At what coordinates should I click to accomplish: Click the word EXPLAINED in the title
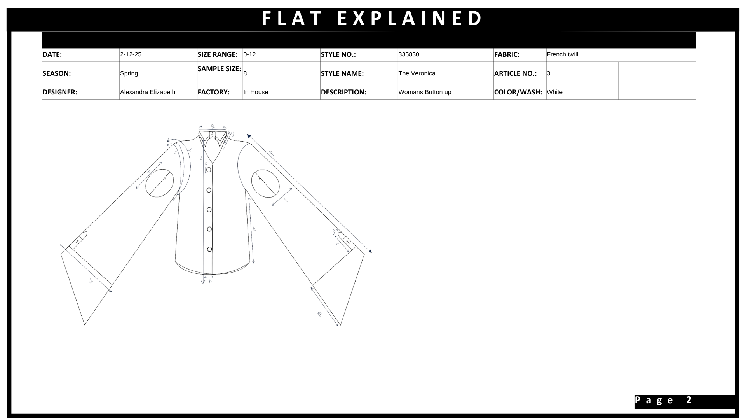click(x=410, y=18)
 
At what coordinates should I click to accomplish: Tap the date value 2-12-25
click(x=131, y=54)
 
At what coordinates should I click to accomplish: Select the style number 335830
click(x=409, y=54)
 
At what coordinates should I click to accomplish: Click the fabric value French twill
click(x=562, y=54)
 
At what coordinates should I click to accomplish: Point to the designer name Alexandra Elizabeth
click(x=148, y=92)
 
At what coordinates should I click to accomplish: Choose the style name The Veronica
click(x=417, y=73)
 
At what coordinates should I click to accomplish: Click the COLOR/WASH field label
click(x=518, y=92)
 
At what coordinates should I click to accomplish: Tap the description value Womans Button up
click(x=425, y=92)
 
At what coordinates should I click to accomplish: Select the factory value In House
click(x=256, y=92)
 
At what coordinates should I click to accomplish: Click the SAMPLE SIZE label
click(x=219, y=69)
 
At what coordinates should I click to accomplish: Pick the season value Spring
click(x=129, y=73)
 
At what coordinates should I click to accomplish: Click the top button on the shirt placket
click(x=209, y=170)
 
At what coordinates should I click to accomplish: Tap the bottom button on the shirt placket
click(x=209, y=249)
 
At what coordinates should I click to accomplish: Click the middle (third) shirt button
click(x=209, y=210)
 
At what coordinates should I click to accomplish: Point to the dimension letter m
click(x=320, y=313)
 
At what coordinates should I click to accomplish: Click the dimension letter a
click(x=91, y=280)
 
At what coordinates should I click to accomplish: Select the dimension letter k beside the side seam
click(x=254, y=229)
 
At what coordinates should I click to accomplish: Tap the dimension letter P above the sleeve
click(x=271, y=153)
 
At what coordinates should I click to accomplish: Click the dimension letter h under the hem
click(x=210, y=281)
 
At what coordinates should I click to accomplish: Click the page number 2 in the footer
click(x=689, y=400)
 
